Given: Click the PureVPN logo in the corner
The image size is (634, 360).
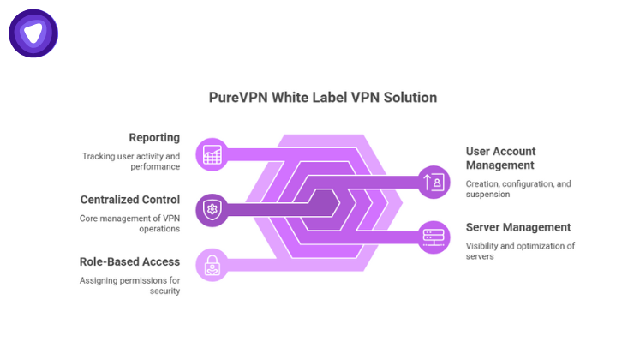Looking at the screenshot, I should [x=33, y=34].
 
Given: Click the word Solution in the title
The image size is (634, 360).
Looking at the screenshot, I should [x=410, y=98].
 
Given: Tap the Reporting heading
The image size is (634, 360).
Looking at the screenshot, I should [x=154, y=137].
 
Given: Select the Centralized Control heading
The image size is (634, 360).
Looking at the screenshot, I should [x=130, y=200].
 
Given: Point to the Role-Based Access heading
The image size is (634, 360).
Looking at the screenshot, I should [x=129, y=261].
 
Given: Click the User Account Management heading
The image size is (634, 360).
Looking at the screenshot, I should [x=501, y=158].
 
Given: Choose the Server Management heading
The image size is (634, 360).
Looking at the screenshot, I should [x=518, y=227].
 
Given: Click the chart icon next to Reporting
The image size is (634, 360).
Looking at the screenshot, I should [x=211, y=154].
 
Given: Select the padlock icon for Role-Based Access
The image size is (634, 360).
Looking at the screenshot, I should [x=211, y=265].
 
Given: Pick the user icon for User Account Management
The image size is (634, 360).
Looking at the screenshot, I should [x=434, y=181].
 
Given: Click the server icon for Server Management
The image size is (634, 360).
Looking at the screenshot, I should [x=434, y=236].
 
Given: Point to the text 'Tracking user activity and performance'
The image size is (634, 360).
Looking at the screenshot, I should [x=131, y=162].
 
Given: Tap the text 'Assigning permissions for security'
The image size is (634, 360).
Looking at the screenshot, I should [x=129, y=285].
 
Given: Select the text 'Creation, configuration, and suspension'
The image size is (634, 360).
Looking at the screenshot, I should [x=518, y=189].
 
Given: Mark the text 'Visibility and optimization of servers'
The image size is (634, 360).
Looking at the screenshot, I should [x=520, y=251].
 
